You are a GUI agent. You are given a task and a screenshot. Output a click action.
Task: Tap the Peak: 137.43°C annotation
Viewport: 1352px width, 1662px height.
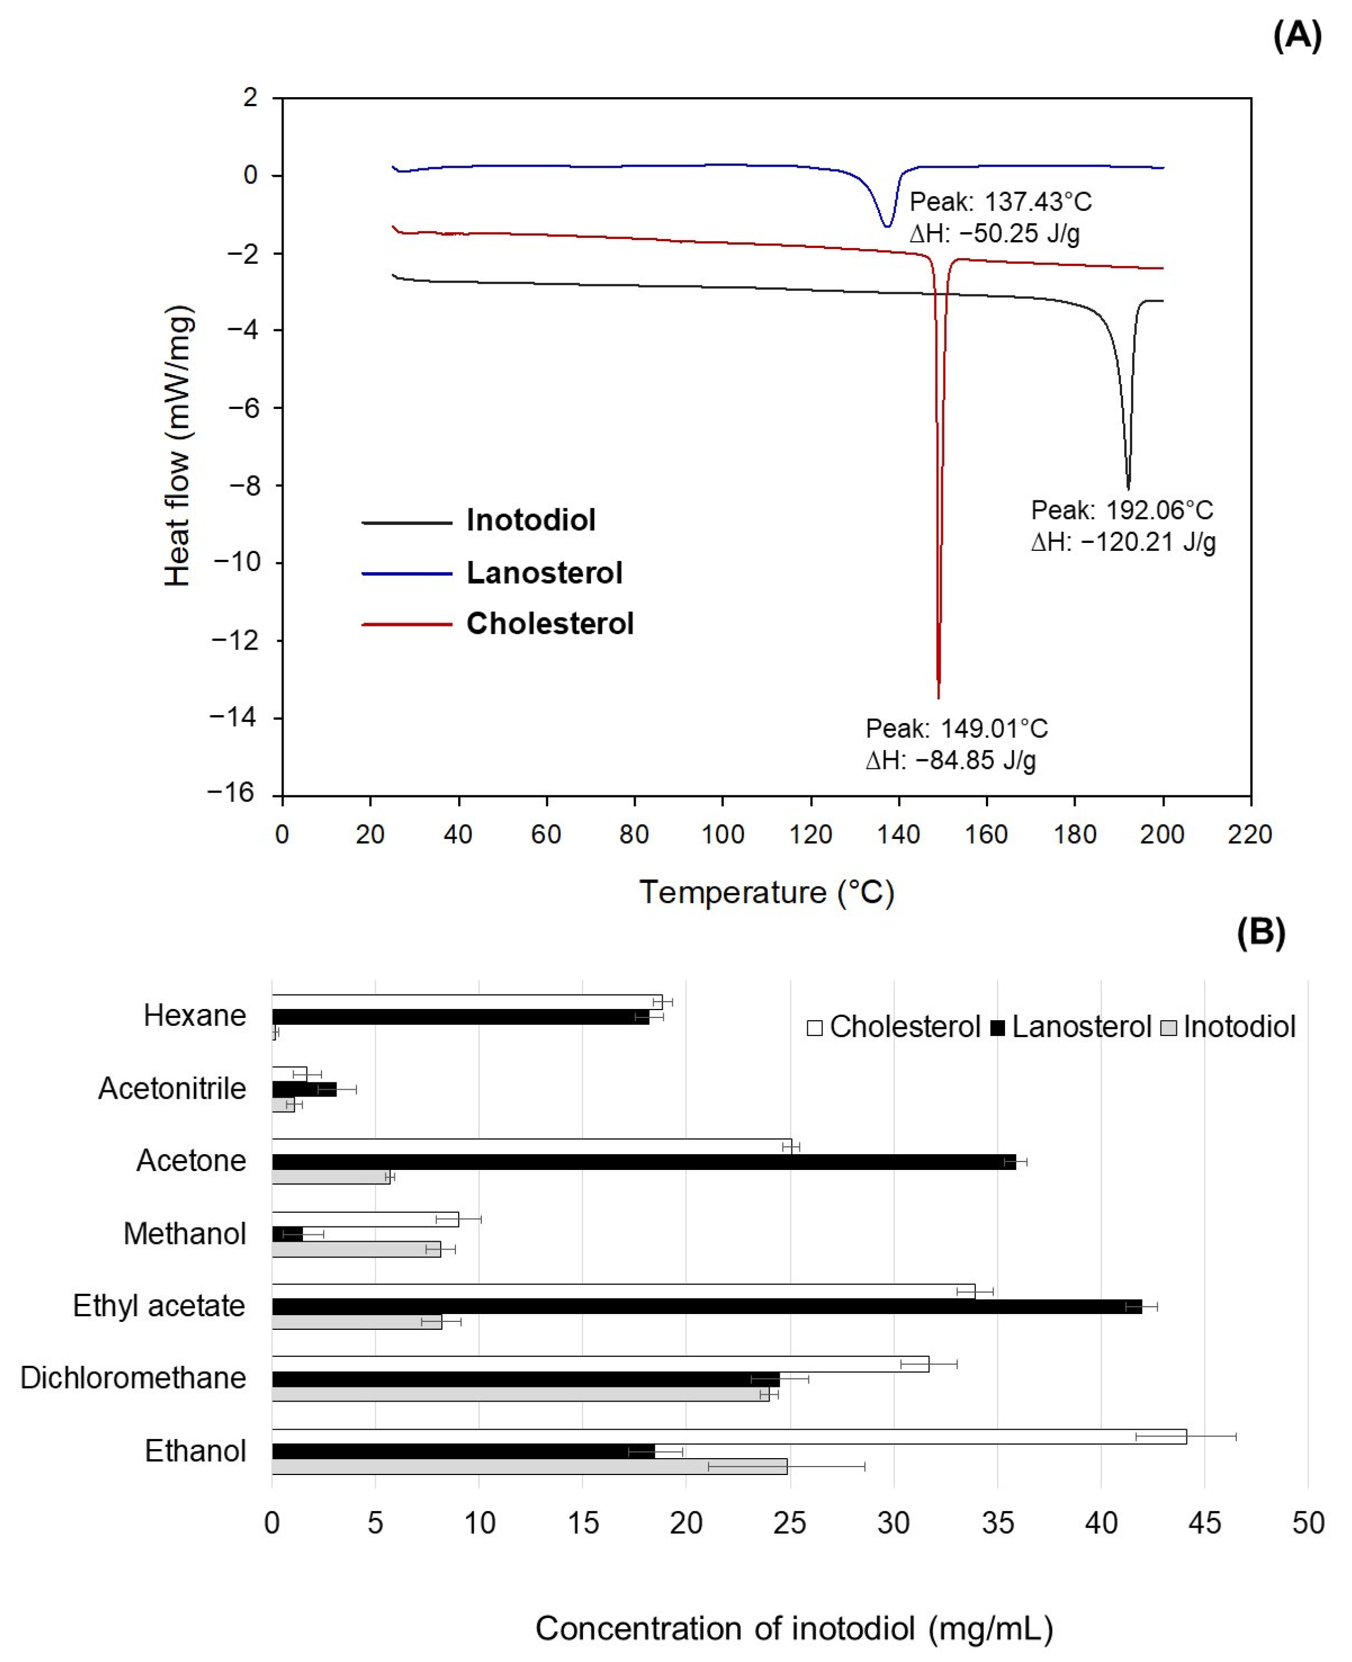pyautogui.click(x=1000, y=202)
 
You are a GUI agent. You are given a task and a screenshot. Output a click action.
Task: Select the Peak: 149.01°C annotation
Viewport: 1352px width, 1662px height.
pyautogui.click(x=957, y=729)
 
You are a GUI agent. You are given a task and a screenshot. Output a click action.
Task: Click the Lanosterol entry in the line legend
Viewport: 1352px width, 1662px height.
pyautogui.click(x=544, y=573)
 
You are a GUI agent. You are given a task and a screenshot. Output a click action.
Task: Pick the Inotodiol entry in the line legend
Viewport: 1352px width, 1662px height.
pyautogui.click(x=531, y=520)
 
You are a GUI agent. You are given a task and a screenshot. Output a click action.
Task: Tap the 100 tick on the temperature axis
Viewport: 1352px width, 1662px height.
pyautogui.click(x=722, y=835)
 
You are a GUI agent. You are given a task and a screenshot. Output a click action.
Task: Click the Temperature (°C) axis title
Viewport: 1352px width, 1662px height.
pyautogui.click(x=766, y=893)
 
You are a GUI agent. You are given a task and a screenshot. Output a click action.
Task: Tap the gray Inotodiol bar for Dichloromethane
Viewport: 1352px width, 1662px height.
pyautogui.click(x=520, y=1395)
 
